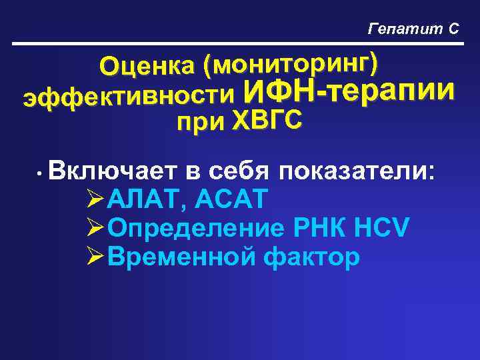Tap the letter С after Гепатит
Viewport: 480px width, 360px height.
click(x=453, y=29)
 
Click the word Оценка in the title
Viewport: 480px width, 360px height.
click(x=148, y=66)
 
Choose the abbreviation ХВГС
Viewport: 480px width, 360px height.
click(x=266, y=121)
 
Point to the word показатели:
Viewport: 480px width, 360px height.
click(x=359, y=173)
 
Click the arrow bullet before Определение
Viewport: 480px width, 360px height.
click(x=95, y=228)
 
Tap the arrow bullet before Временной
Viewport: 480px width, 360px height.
click(x=95, y=256)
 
